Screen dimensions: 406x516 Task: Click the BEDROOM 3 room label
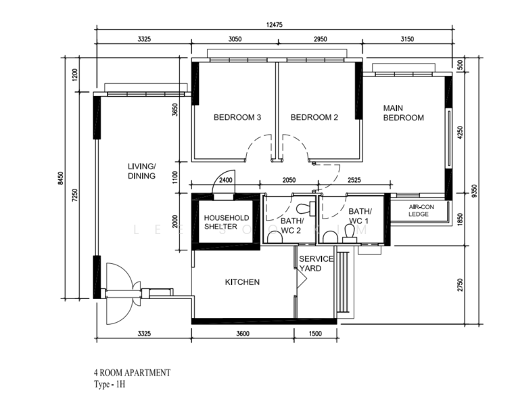237,117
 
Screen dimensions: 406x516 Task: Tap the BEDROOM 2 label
314,117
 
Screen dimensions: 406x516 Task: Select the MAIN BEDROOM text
403,112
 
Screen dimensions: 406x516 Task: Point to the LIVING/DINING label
142,171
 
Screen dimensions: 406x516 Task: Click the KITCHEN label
242,282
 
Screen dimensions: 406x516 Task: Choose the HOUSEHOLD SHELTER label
227,222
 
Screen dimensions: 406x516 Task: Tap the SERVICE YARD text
316,263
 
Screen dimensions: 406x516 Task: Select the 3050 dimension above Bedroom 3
234,39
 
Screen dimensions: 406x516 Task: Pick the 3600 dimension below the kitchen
243,334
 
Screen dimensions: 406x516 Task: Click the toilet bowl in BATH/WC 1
350,232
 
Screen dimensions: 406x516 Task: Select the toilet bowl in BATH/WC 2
274,236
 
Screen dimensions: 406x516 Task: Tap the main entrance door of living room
118,284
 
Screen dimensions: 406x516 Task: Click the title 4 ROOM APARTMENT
132,373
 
